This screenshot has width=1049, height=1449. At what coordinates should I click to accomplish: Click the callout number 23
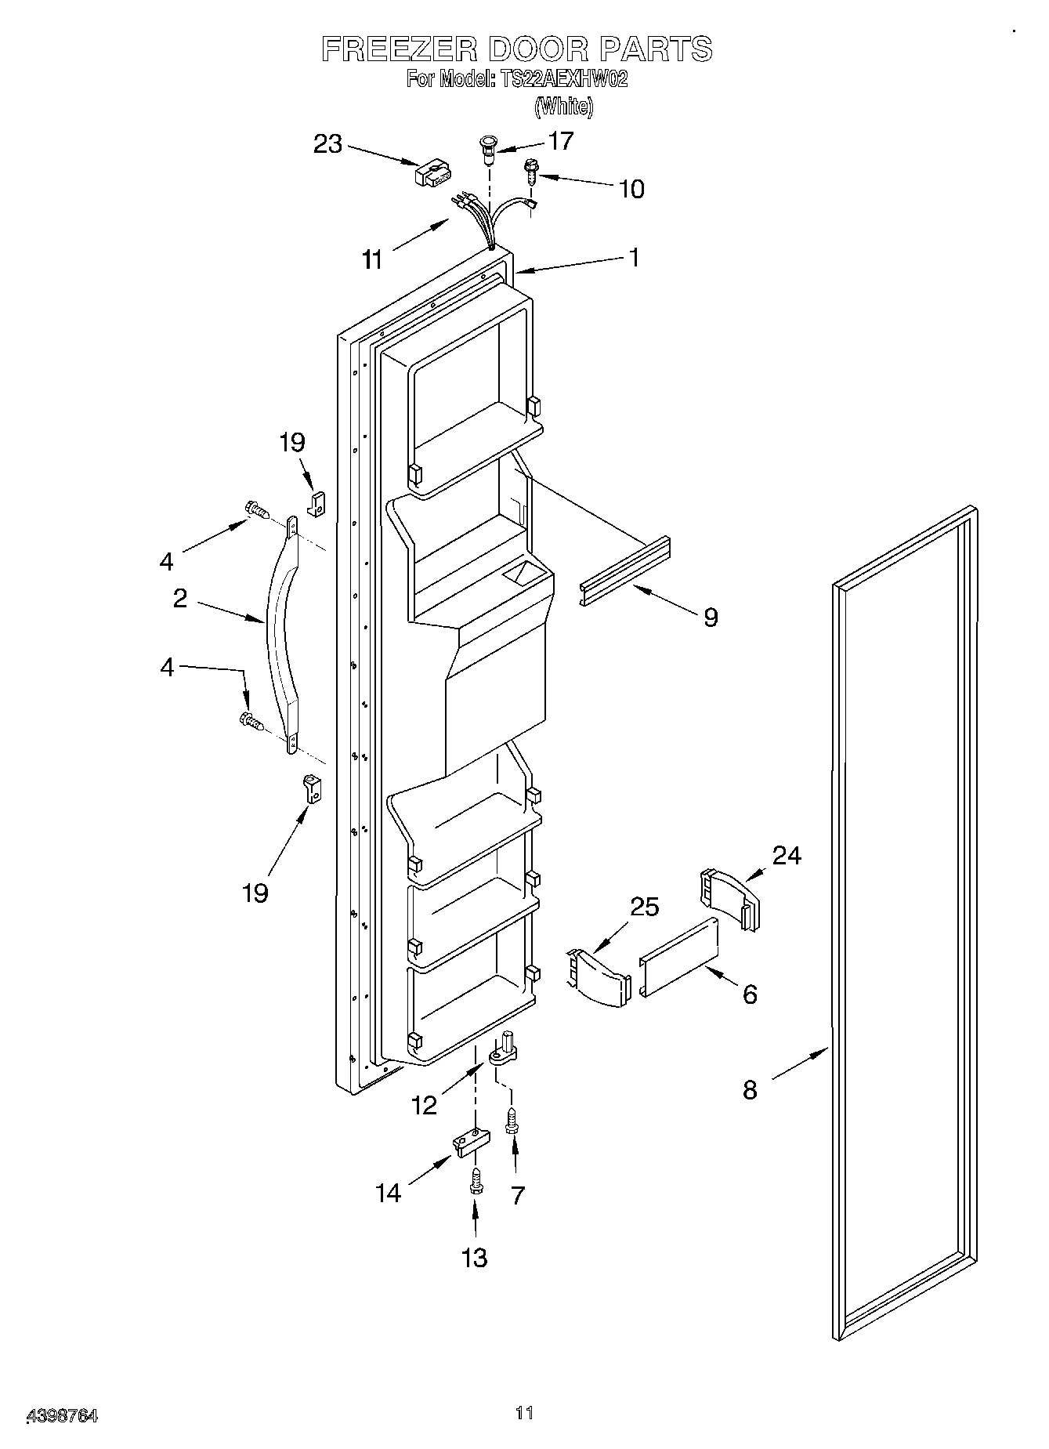pos(328,144)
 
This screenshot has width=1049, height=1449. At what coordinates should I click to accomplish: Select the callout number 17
pos(561,141)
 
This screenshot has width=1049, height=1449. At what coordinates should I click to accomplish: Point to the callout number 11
pos(373,259)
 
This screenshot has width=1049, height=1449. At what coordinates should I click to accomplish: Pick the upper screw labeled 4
pos(257,510)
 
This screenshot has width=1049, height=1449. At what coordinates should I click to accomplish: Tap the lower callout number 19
pos(255,892)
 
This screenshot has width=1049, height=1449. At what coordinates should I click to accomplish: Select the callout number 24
pos(787,855)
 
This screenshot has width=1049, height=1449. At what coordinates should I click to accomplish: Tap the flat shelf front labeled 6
pos(678,957)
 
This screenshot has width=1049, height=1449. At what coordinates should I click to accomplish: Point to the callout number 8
pos(750,1089)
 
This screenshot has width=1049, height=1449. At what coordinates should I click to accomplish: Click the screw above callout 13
pos(475,1181)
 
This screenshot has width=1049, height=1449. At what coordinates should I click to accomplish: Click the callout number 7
pos(517,1195)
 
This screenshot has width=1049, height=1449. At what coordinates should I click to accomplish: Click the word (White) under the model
pos(563,106)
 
